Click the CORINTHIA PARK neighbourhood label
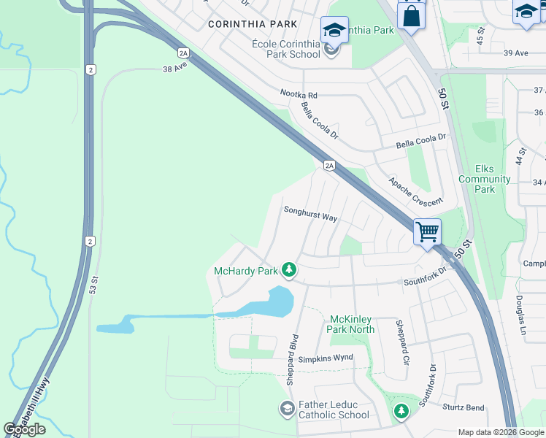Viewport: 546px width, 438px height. (x=252, y=24)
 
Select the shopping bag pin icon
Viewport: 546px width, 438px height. (x=410, y=15)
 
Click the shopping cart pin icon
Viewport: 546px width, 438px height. (x=428, y=233)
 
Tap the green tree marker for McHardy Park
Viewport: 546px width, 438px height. (x=289, y=271)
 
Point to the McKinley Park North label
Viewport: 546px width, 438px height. (x=352, y=324)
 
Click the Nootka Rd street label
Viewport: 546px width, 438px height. (x=299, y=95)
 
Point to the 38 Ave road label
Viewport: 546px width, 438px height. (x=176, y=69)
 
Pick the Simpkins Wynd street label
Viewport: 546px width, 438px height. (x=326, y=358)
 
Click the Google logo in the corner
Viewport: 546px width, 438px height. (x=25, y=429)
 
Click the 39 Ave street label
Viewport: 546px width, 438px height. (x=515, y=53)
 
